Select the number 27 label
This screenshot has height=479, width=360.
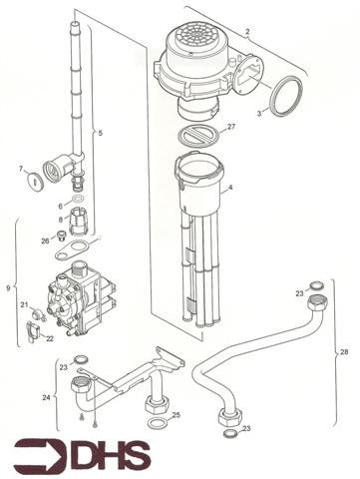231,127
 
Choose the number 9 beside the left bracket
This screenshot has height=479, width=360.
9,289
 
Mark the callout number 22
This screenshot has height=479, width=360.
50,339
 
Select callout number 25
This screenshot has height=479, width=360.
177,414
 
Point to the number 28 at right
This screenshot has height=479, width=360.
345,352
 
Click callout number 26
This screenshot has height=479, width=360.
45,240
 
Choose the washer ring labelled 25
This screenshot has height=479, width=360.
156,422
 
